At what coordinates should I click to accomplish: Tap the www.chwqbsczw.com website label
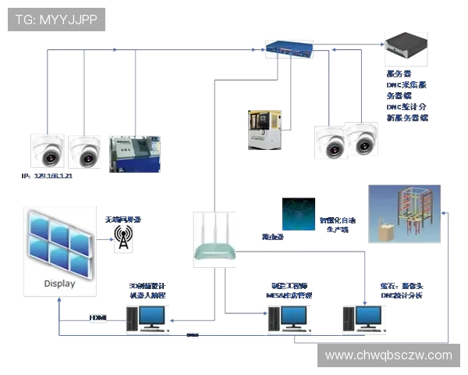(x=388, y=355)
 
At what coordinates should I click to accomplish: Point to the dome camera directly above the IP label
(x=49, y=151)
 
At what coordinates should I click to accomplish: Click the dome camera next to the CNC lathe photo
(x=85, y=151)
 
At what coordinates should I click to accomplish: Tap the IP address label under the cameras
(x=48, y=177)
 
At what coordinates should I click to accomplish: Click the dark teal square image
(x=298, y=213)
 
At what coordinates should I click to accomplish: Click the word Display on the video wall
(x=60, y=284)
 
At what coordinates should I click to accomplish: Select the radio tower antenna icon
(x=122, y=239)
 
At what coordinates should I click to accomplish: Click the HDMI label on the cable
(x=97, y=318)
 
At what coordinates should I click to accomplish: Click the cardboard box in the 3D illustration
(x=385, y=232)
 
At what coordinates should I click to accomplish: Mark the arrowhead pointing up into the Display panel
(x=58, y=301)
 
